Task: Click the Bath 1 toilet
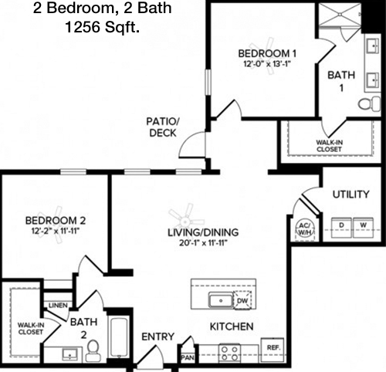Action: [x=370, y=103]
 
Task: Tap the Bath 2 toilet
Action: [x=93, y=350]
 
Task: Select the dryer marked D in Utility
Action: [x=341, y=228]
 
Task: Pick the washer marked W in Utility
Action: [x=363, y=228]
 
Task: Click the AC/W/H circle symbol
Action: [x=305, y=229]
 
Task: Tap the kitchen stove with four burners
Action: [x=229, y=353]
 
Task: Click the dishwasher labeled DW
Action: [x=242, y=300]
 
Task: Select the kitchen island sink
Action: [x=221, y=300]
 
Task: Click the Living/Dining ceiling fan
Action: [x=185, y=221]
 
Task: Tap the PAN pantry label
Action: [x=188, y=358]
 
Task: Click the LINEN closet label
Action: [x=58, y=306]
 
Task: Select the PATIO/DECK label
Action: [x=163, y=127]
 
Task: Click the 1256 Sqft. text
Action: [x=103, y=27]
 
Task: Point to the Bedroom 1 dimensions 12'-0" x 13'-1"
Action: [x=267, y=64]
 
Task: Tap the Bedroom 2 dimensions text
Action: [x=55, y=231]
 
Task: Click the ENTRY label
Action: [x=158, y=336]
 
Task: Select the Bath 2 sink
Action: [x=70, y=354]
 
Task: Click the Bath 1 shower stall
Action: [x=340, y=15]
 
